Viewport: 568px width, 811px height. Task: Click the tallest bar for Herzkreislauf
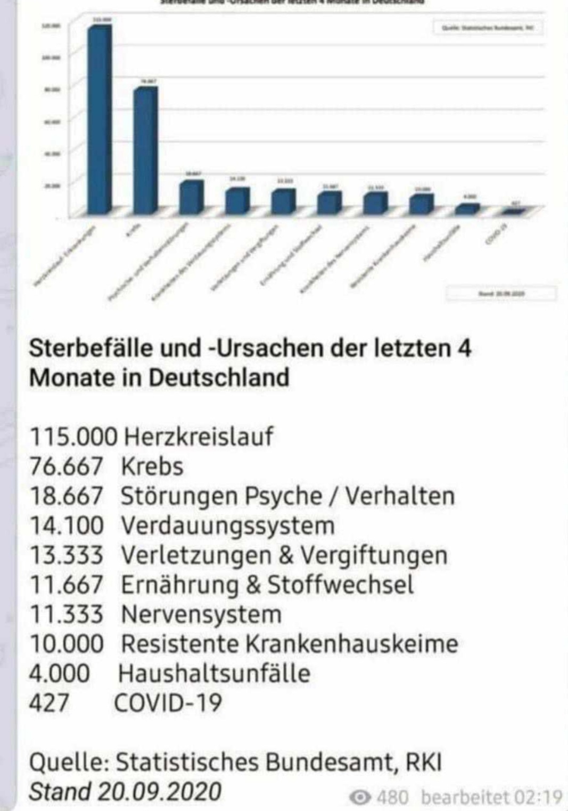coord(99,120)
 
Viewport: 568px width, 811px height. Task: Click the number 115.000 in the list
coord(72,437)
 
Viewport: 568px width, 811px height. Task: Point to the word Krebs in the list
coord(152,466)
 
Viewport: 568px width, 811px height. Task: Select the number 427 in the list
coord(49,703)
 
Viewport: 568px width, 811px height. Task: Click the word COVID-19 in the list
coord(168,703)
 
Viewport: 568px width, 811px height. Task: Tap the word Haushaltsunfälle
coord(214,673)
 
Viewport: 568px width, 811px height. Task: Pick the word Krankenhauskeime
coord(351,644)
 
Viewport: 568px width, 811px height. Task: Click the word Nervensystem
coord(201,614)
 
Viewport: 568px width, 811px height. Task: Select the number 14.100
coord(67,525)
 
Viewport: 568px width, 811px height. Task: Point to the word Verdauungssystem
coord(228,525)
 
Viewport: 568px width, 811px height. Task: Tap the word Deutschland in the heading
coord(218,378)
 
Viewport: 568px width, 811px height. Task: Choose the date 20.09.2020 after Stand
coord(159,791)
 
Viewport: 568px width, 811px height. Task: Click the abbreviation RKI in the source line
coord(423,762)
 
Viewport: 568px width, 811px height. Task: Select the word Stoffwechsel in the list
coord(340,584)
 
